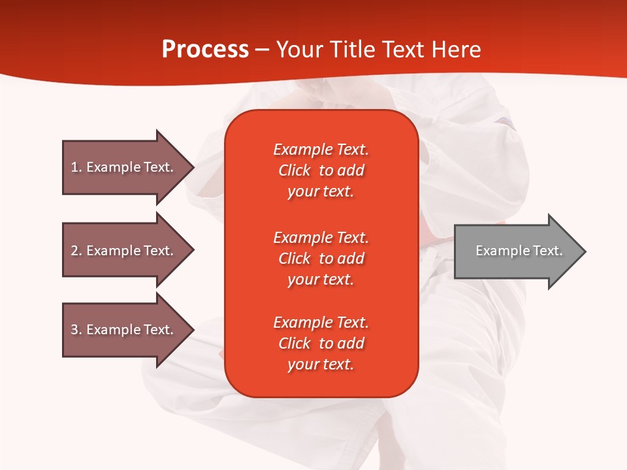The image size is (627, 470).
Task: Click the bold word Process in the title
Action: click(205, 50)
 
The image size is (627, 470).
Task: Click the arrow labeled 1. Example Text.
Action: click(124, 167)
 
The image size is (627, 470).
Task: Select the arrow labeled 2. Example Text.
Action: click(124, 251)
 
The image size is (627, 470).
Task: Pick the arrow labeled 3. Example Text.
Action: click(124, 330)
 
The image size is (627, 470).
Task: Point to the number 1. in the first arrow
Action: click(76, 167)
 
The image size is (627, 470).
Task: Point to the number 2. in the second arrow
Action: click(76, 251)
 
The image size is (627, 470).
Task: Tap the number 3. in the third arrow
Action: click(76, 330)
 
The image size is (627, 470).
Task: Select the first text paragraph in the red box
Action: click(321, 170)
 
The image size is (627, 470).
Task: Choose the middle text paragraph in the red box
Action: click(321, 258)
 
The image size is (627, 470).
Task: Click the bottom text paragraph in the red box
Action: click(321, 343)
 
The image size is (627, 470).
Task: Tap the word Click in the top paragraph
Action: click(295, 170)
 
